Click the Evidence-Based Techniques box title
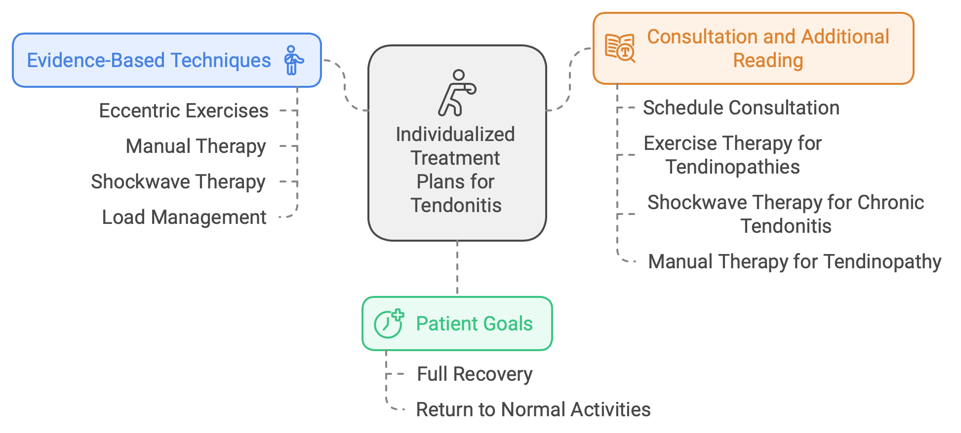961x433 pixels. tap(149, 60)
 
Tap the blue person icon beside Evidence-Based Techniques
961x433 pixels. tap(293, 60)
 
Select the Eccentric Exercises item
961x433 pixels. tap(184, 111)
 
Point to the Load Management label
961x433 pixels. tap(184, 217)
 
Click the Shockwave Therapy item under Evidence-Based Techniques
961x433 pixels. tap(178, 182)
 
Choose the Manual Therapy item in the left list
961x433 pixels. tap(196, 146)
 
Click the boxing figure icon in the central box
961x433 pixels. tap(457, 93)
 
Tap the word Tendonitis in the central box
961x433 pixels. tap(456, 205)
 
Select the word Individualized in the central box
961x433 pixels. tap(455, 134)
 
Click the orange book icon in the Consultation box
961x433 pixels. tap(620, 48)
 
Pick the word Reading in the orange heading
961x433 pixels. tap(768, 61)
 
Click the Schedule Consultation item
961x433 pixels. tap(741, 108)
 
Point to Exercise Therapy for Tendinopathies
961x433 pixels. tap(732, 155)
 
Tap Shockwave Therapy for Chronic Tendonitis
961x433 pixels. tap(786, 214)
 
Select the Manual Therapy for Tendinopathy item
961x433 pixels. tap(795, 262)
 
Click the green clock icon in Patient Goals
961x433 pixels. tap(389, 324)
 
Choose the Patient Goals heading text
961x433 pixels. tap(475, 324)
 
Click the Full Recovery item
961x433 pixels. tap(475, 374)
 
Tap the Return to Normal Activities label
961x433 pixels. tap(533, 410)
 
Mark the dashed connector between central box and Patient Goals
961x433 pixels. tap(457, 268)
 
